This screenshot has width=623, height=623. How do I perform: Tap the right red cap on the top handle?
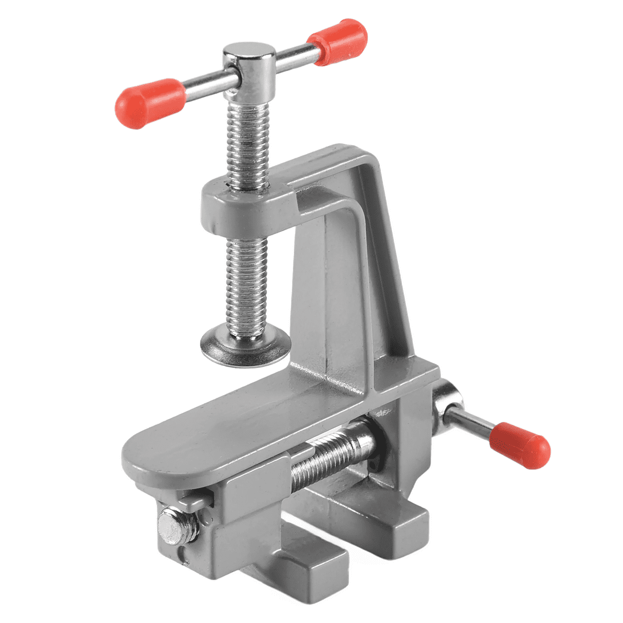(338, 42)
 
